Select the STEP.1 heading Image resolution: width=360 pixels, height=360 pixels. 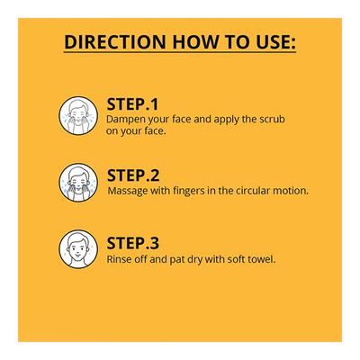point(133,103)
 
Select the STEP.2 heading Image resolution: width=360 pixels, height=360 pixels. point(133,175)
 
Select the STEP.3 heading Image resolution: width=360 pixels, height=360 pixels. point(133,243)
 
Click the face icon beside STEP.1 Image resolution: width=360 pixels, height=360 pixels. point(78,115)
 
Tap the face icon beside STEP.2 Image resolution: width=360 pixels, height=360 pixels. point(78,184)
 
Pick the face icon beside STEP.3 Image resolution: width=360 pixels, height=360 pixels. point(78,251)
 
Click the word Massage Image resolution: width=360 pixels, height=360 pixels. point(127,190)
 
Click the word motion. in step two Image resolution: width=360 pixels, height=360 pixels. point(292,190)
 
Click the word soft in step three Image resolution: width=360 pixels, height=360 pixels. point(231,259)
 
